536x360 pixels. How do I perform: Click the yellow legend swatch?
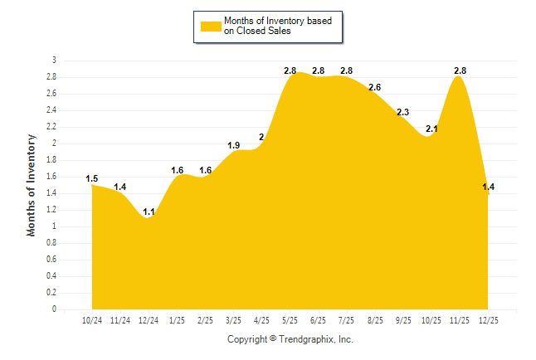point(210,26)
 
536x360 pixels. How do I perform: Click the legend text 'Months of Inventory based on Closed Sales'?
point(278,26)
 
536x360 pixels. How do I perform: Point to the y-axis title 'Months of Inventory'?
point(32,184)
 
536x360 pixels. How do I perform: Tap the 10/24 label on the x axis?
point(92,320)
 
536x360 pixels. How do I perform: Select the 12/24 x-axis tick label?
point(149,320)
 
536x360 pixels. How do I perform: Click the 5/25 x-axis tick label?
point(290,320)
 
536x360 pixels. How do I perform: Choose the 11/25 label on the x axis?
point(460,320)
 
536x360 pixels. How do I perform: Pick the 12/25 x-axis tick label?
point(488,320)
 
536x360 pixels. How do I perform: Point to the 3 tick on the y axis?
point(54,61)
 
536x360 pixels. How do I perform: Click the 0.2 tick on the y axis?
point(51,293)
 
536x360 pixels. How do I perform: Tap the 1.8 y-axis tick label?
point(51,160)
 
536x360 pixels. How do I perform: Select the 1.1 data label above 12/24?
point(149,212)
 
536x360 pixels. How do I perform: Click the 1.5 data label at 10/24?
point(92,178)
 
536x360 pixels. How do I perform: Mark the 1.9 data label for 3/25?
point(234,146)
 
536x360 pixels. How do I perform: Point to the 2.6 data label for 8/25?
point(375,87)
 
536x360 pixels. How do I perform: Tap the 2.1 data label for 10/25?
point(431,129)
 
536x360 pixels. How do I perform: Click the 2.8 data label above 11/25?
point(460,71)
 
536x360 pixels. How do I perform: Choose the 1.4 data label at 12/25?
point(488,187)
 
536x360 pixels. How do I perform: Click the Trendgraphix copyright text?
point(290,339)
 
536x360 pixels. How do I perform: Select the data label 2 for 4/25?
point(262,137)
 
